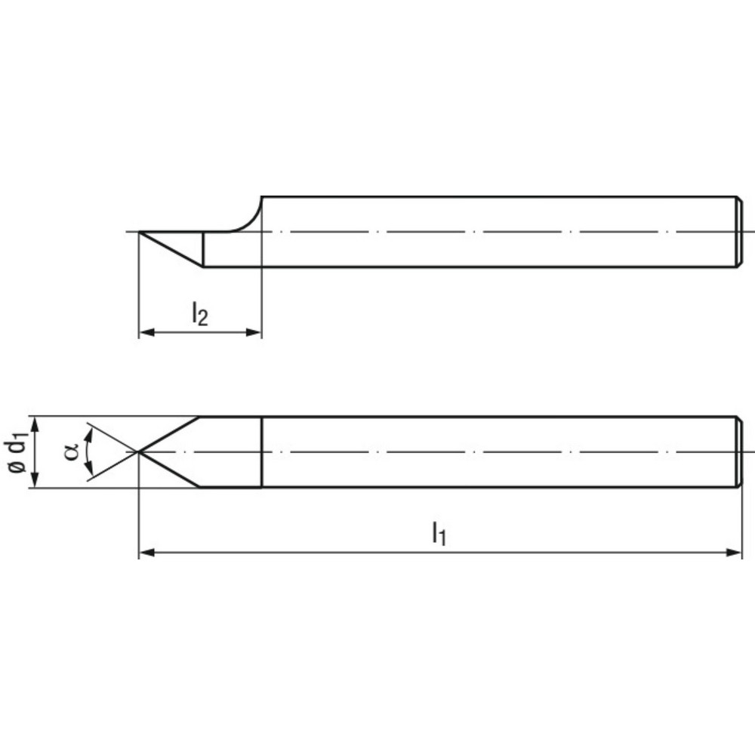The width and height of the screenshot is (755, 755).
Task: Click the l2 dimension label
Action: click(x=199, y=313)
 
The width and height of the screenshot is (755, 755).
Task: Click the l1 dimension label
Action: click(x=439, y=535)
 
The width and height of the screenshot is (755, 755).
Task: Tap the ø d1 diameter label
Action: click(x=19, y=452)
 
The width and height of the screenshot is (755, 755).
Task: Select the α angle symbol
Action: click(x=72, y=451)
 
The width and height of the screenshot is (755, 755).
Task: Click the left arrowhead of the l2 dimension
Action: click(x=144, y=332)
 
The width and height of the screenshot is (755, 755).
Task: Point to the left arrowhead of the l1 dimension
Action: click(x=144, y=553)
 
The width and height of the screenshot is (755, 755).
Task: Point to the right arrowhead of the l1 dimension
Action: click(x=736, y=553)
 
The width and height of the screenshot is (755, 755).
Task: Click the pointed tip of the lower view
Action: click(x=139, y=451)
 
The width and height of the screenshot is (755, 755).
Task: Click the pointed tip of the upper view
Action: click(x=140, y=232)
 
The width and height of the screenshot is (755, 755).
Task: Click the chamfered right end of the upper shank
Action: click(x=739, y=232)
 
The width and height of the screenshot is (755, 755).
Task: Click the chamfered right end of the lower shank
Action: click(x=739, y=451)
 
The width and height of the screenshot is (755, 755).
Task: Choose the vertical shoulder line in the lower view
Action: click(x=261, y=451)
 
